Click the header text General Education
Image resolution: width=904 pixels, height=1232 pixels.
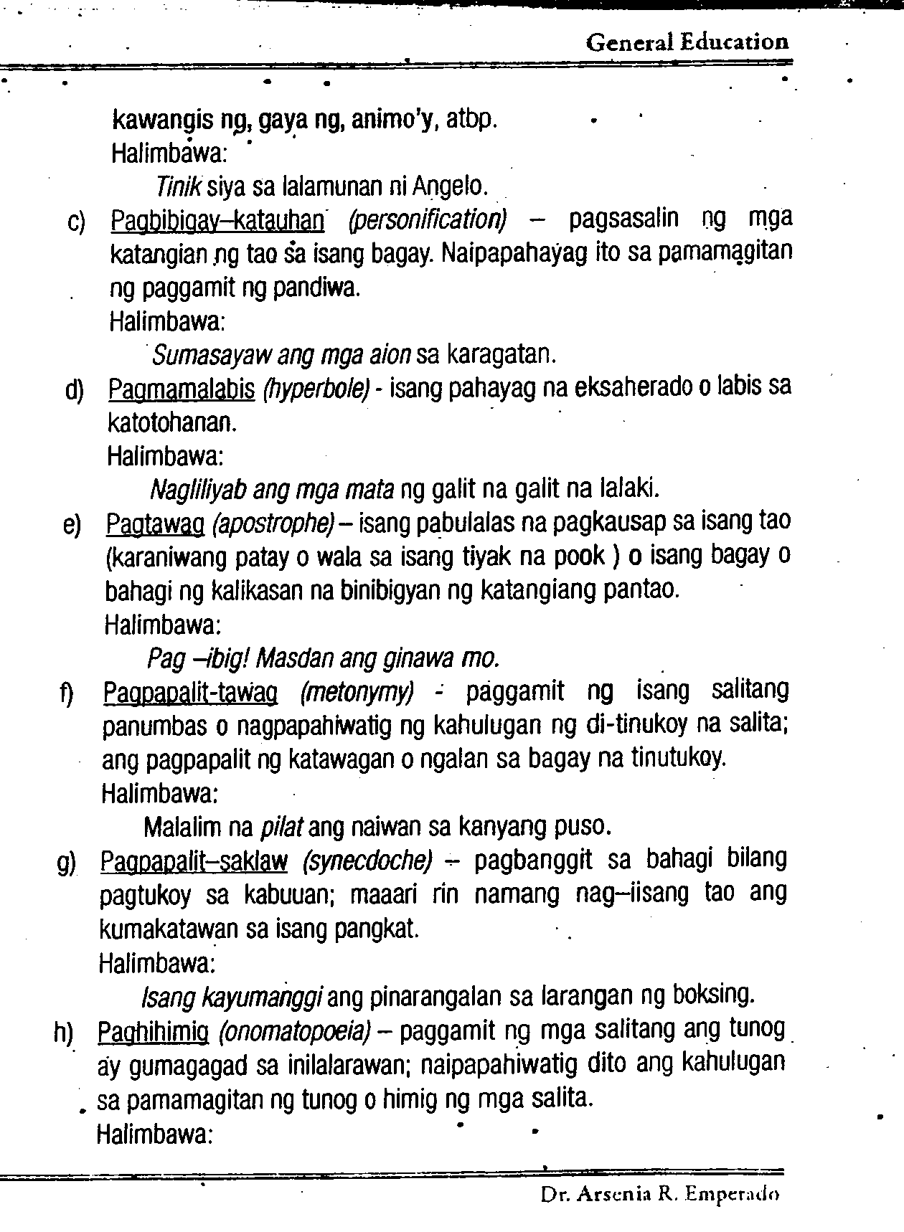click(687, 42)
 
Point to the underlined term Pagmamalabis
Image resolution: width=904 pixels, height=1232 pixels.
click(182, 389)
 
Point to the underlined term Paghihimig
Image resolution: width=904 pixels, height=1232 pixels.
click(153, 1032)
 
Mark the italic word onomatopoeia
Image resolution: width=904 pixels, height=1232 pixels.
click(294, 1032)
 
